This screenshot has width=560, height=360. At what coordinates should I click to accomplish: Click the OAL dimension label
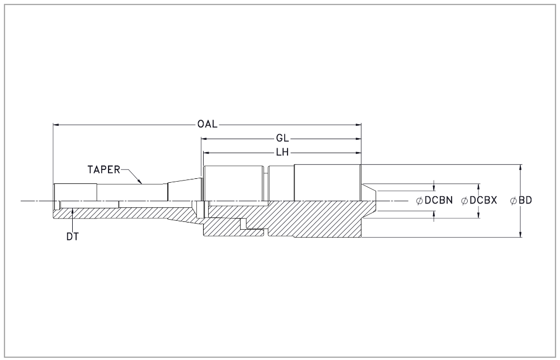click(207, 124)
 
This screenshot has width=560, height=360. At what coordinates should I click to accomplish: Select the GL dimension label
click(282, 139)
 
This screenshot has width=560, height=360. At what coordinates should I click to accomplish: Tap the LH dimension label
click(282, 153)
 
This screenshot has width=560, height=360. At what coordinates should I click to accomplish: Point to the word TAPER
click(104, 169)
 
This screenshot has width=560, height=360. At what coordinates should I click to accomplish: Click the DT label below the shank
click(73, 236)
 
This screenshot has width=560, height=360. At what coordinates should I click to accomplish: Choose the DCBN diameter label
click(439, 201)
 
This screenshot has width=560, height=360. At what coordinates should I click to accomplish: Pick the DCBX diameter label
click(483, 201)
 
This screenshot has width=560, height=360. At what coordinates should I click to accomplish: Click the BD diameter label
click(525, 201)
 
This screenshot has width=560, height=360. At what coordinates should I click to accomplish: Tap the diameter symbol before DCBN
click(420, 201)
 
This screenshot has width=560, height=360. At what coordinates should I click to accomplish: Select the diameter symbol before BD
click(514, 201)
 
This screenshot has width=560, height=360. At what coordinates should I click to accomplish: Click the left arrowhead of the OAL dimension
click(56, 125)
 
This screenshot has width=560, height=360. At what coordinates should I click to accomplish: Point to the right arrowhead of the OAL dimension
click(358, 125)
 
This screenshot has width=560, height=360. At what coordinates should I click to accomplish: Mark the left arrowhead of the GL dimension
click(204, 139)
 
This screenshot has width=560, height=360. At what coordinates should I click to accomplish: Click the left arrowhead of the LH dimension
click(206, 153)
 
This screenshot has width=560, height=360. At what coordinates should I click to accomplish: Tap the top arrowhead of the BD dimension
click(520, 168)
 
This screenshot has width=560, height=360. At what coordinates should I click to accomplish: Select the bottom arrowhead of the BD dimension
click(520, 234)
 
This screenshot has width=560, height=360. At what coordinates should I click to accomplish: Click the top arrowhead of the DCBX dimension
click(478, 187)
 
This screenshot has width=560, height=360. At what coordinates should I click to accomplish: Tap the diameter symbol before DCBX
click(465, 201)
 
